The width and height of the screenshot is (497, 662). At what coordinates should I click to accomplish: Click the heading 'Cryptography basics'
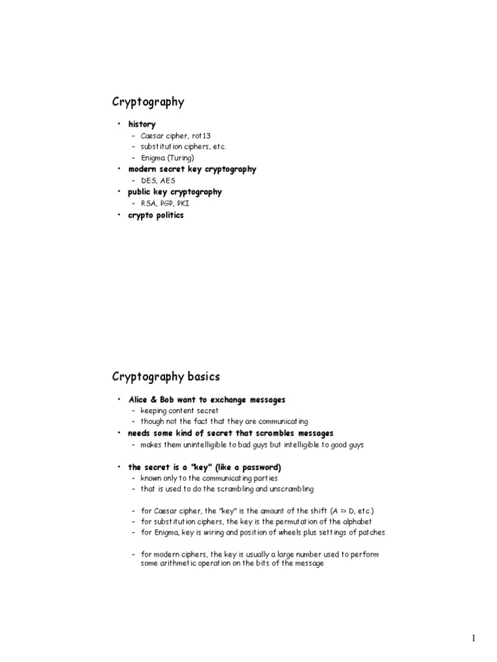(x=166, y=377)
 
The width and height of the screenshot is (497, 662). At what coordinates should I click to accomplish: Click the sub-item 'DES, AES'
(x=158, y=180)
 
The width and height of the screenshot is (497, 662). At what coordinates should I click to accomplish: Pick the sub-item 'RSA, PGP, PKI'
(x=165, y=203)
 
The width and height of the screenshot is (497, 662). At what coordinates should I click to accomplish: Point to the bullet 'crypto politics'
(x=155, y=215)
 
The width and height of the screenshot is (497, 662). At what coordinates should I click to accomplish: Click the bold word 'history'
(x=142, y=124)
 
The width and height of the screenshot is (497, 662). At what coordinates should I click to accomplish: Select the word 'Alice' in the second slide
(x=140, y=400)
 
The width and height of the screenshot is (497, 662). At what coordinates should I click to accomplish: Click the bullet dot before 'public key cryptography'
(x=119, y=192)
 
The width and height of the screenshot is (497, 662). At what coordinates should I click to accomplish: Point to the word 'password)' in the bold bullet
(x=261, y=467)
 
